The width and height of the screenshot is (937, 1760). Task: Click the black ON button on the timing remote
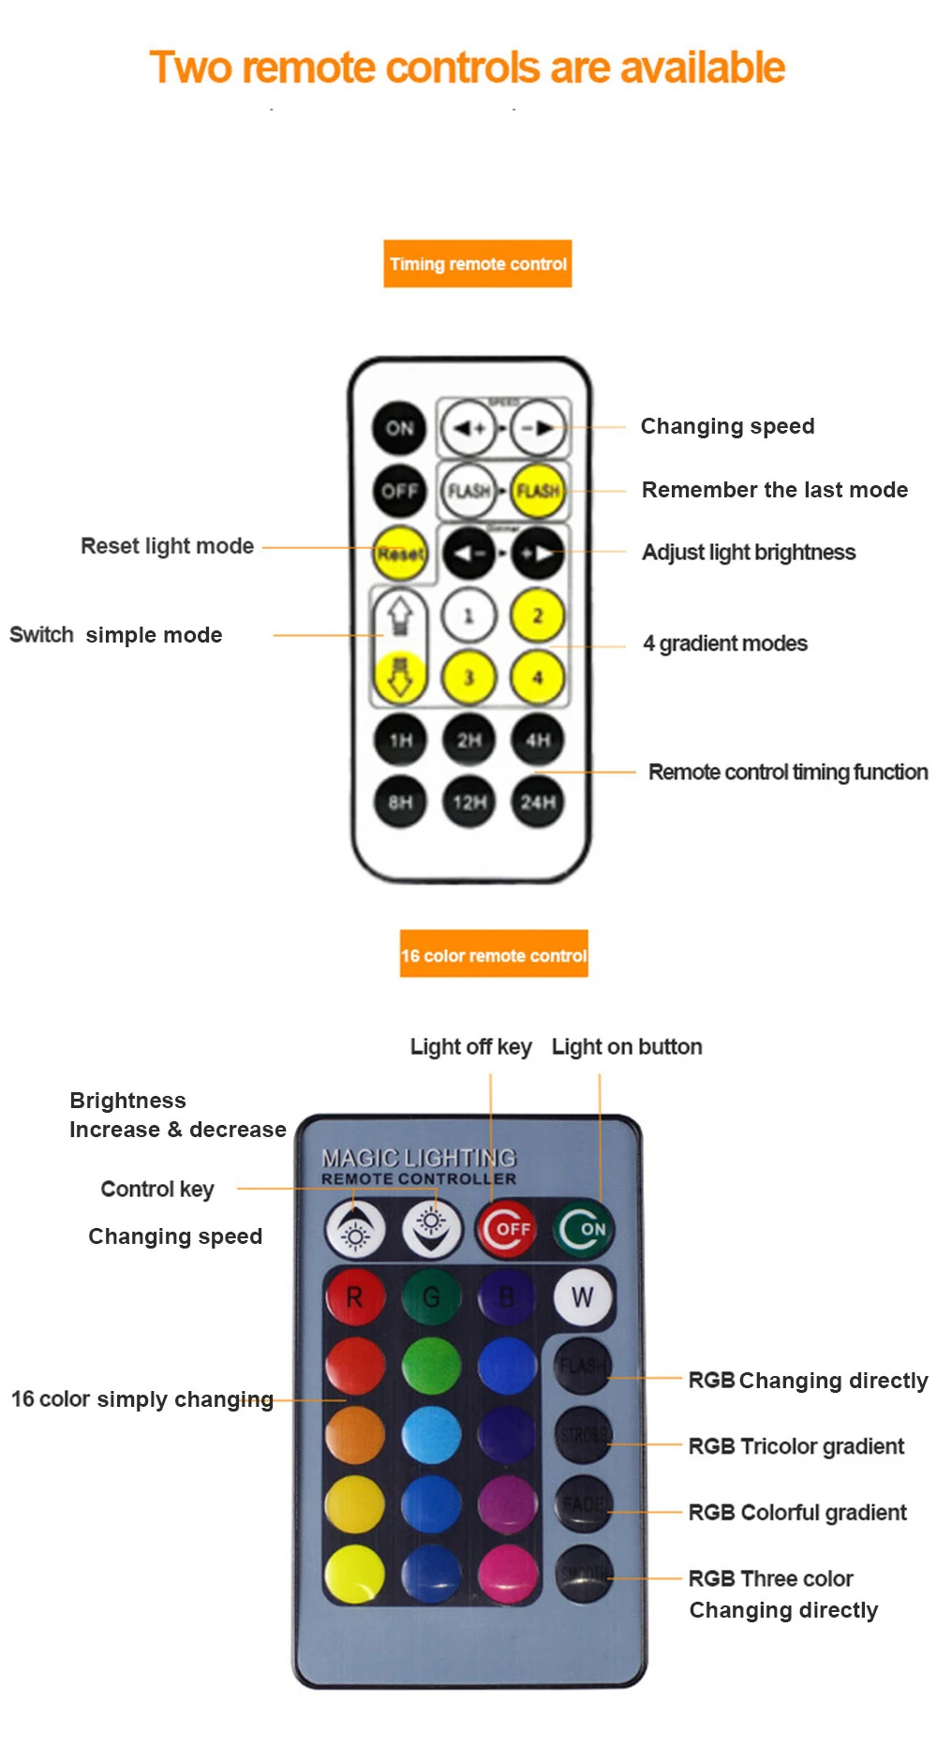click(x=399, y=428)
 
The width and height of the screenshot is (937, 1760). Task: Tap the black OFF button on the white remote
click(x=399, y=491)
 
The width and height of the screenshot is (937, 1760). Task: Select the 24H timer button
click(x=538, y=802)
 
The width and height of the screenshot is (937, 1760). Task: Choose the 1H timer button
click(x=400, y=740)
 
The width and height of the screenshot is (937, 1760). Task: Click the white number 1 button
click(x=468, y=615)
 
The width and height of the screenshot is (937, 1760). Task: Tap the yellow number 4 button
click(x=538, y=676)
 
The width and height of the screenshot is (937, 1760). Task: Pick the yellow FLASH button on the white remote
click(x=538, y=491)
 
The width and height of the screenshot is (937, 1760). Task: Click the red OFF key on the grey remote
click(x=507, y=1228)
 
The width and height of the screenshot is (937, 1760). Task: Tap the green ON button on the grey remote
click(x=584, y=1228)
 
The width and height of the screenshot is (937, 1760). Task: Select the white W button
click(x=582, y=1297)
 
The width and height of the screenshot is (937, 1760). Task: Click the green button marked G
click(x=431, y=1297)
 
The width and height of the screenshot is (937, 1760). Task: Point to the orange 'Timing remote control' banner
click(x=478, y=264)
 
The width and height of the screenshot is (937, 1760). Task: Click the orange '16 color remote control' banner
click(x=494, y=954)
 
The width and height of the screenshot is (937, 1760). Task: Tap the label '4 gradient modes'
click(x=724, y=643)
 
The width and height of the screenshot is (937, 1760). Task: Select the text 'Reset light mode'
click(x=167, y=546)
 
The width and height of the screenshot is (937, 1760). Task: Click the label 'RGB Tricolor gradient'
click(x=796, y=1446)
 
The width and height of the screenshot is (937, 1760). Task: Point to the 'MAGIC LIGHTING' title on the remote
click(x=419, y=1158)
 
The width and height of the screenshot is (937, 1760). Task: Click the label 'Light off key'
click(x=470, y=1046)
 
